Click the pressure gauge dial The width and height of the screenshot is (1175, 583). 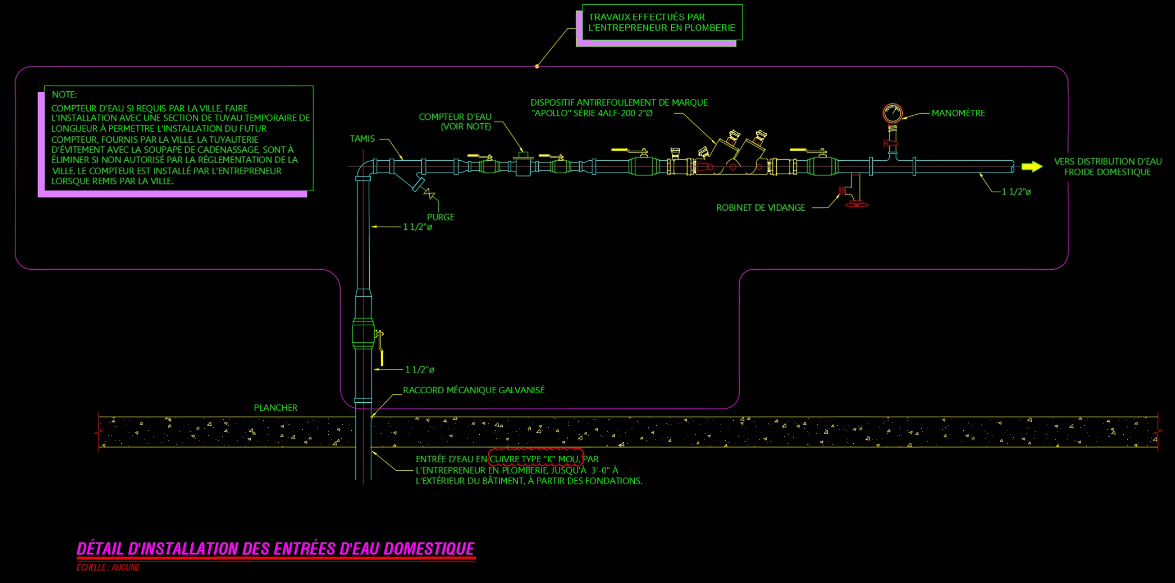[x=892, y=113]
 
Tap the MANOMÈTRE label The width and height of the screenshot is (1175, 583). [x=958, y=113]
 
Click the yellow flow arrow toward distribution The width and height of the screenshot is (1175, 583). [x=1032, y=166]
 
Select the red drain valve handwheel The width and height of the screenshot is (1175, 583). [x=857, y=204]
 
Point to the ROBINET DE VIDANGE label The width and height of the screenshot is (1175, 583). [x=760, y=208]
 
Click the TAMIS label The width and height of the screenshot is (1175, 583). [x=362, y=139]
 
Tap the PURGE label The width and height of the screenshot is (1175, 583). [x=440, y=217]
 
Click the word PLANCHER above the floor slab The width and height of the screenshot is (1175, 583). [x=275, y=408]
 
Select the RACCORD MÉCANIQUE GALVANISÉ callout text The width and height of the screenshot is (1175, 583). [x=474, y=390]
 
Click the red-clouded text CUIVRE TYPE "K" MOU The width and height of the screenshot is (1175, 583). [x=535, y=459]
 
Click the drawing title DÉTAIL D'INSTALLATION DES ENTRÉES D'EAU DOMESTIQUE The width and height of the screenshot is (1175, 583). [x=276, y=549]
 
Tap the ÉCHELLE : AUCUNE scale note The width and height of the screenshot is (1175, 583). [x=108, y=567]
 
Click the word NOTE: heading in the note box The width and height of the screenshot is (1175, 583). [x=64, y=95]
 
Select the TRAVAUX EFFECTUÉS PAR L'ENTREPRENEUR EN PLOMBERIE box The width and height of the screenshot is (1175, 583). [x=662, y=22]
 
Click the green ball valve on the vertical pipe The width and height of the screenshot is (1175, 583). [x=363, y=334]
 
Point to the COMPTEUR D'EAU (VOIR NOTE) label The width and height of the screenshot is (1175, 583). [x=455, y=122]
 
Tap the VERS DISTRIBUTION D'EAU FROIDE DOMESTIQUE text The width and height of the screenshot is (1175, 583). [x=1107, y=167]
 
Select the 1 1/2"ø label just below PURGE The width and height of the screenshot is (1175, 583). [x=417, y=227]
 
